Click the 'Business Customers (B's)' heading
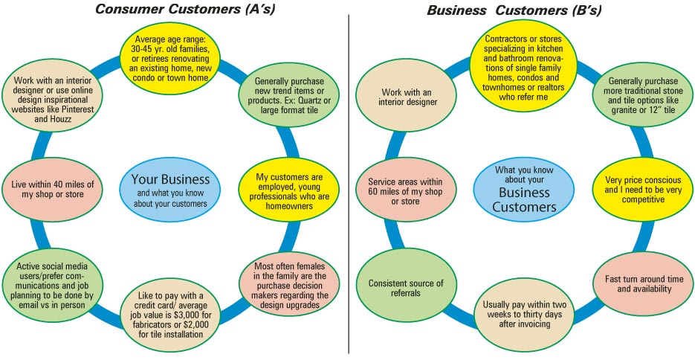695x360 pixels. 514,10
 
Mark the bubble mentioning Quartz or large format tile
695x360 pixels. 286,96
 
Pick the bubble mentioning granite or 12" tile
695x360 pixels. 643,96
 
